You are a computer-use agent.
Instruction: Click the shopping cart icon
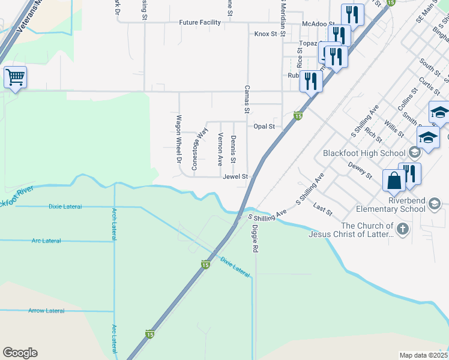14,76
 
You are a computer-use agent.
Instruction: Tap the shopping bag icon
394,181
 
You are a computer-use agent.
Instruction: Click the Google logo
20,353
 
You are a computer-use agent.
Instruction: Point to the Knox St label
265,34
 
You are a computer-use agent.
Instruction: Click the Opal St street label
264,127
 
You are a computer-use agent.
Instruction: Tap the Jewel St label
235,177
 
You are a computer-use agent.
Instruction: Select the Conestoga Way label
200,148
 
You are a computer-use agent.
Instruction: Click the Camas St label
246,99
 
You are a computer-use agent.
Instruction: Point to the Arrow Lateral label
46,311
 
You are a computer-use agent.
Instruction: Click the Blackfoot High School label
364,153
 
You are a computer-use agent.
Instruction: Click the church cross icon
403,229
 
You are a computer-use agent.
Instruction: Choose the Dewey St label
361,172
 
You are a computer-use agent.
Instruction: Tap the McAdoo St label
318,23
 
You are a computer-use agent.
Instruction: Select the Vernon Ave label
220,149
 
